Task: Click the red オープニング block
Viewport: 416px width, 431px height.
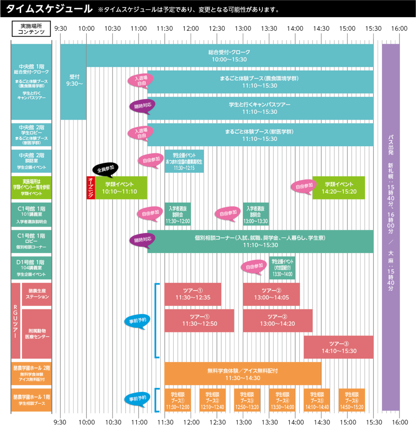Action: (91, 187)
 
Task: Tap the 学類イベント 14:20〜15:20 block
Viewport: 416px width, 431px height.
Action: (338, 187)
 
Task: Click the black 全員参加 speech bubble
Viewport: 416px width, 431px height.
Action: (105, 169)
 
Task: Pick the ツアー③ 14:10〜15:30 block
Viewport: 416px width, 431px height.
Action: (338, 347)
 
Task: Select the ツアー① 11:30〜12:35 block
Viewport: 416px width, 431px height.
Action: (193, 294)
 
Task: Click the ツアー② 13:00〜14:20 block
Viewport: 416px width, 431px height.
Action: (277, 320)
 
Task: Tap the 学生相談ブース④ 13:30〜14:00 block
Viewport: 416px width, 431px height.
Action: (282, 400)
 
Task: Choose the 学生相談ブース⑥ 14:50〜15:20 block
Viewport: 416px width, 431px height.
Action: (352, 400)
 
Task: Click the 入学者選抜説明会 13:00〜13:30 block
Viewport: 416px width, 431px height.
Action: (255, 214)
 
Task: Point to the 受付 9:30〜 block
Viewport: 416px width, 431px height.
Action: (74, 81)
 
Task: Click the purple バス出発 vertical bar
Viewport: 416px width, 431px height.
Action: (390, 226)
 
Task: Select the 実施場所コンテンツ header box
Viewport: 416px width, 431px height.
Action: (31, 29)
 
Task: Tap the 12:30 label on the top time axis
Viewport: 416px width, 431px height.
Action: (217, 28)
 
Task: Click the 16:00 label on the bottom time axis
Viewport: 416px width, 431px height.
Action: (400, 422)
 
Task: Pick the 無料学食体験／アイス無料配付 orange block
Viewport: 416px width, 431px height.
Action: (242, 374)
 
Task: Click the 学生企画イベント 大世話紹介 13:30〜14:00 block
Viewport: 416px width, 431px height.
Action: (282, 268)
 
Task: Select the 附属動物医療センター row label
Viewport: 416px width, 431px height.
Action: (37, 334)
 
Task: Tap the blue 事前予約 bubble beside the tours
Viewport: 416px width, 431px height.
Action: (137, 321)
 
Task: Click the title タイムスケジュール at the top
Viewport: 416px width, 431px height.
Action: (49, 9)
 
